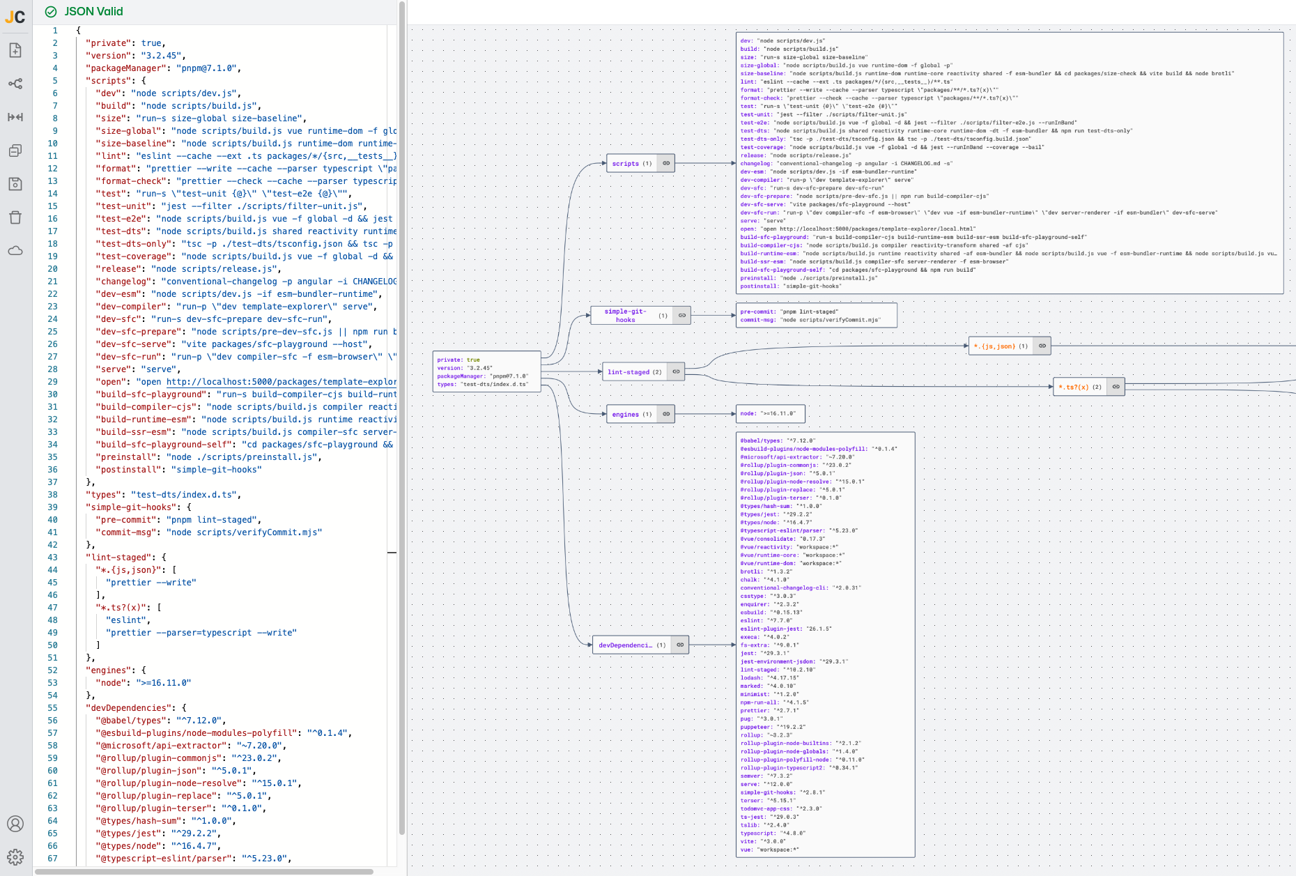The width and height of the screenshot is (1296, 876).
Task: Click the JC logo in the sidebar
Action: pyautogui.click(x=15, y=16)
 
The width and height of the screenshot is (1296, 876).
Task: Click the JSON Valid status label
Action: pyautogui.click(x=93, y=11)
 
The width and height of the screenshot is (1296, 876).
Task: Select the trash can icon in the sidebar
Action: pyautogui.click(x=15, y=217)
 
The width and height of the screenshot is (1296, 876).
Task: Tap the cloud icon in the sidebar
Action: pyautogui.click(x=15, y=251)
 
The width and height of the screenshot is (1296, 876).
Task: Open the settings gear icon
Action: pyautogui.click(x=15, y=857)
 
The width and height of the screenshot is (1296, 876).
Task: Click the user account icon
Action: pyautogui.click(x=15, y=824)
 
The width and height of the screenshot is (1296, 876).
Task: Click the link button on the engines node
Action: pyautogui.click(x=666, y=414)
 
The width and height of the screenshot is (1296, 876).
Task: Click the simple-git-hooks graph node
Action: pyautogui.click(x=625, y=316)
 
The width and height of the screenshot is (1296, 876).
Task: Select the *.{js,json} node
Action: pyautogui.click(x=1000, y=346)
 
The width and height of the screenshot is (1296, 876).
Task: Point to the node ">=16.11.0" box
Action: pyautogui.click(x=770, y=414)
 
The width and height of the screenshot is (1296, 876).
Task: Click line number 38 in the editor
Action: pyautogui.click(x=53, y=495)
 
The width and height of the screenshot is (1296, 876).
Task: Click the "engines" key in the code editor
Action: pyautogui.click(x=108, y=670)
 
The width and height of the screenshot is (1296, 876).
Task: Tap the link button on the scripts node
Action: pyautogui.click(x=666, y=164)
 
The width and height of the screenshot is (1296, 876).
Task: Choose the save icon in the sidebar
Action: pyautogui.click(x=15, y=184)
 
